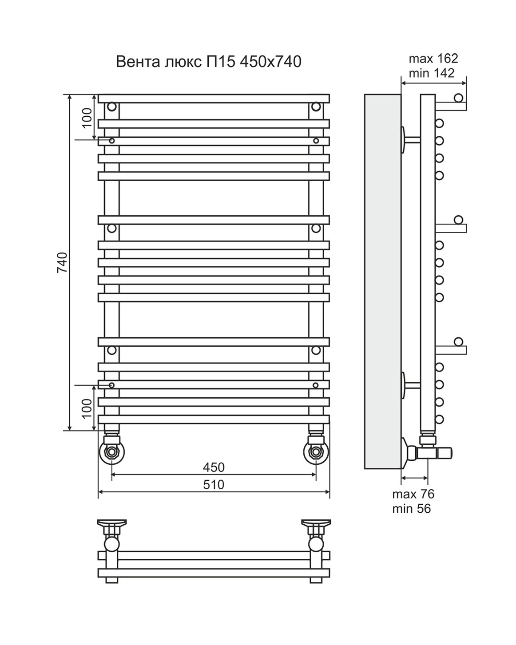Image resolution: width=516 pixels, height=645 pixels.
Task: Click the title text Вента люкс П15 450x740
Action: tap(208, 62)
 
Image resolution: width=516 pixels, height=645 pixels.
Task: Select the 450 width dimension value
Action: tap(214, 467)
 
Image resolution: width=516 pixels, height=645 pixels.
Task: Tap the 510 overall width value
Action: tap(214, 484)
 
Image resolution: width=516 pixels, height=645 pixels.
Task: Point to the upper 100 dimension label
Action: tap(87, 117)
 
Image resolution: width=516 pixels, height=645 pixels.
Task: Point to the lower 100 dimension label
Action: tap(87, 408)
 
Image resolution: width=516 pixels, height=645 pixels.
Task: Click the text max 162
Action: tap(433, 59)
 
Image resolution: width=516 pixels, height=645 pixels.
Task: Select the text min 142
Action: tap(432, 73)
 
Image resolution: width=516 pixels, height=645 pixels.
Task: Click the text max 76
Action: tap(413, 494)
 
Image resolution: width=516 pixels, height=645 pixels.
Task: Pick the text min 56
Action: tap(411, 509)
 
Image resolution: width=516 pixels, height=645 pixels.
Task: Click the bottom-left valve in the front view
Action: tap(111, 451)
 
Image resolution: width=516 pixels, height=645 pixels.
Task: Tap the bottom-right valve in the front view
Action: tap(316, 451)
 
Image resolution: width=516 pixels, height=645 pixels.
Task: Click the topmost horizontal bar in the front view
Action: tap(214, 99)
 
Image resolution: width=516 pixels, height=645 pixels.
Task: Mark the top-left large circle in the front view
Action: tap(111, 107)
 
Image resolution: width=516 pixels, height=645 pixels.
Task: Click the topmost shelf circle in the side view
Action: tap(459, 98)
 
